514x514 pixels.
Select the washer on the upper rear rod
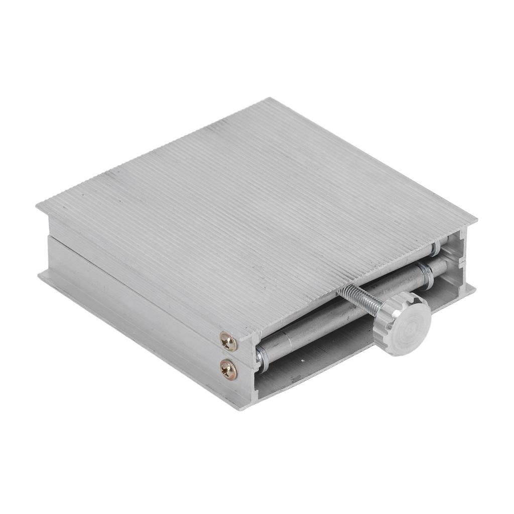coord(436,247)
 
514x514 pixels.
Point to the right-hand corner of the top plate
coord(476,221)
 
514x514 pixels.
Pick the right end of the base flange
coord(475,288)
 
